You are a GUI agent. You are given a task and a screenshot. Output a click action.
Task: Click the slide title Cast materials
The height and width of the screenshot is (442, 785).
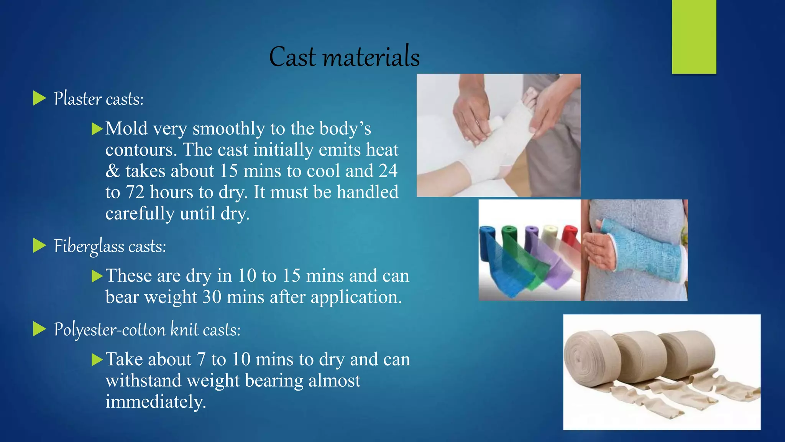point(344,57)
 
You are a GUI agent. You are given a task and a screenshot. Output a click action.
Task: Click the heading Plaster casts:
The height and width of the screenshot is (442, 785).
point(99,99)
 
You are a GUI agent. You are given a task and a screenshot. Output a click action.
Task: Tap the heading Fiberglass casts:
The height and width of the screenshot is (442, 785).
point(110,246)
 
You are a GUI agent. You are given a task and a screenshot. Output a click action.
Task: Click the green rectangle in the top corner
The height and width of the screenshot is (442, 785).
point(694,36)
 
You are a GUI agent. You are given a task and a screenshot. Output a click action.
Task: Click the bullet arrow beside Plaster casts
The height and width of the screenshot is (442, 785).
point(39,98)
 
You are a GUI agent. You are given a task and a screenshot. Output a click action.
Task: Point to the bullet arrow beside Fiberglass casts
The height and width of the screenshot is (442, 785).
point(39,246)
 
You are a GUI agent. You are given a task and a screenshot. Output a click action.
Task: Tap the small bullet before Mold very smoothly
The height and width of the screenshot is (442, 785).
point(97,129)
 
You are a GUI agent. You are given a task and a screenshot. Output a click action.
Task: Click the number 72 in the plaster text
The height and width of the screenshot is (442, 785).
point(135,192)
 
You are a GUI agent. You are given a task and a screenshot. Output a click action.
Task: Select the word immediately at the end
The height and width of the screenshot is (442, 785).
point(155,402)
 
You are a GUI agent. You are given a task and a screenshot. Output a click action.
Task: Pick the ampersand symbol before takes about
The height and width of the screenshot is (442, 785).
point(112,171)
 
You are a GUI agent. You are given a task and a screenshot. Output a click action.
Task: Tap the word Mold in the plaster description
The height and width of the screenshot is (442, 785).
point(126,129)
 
